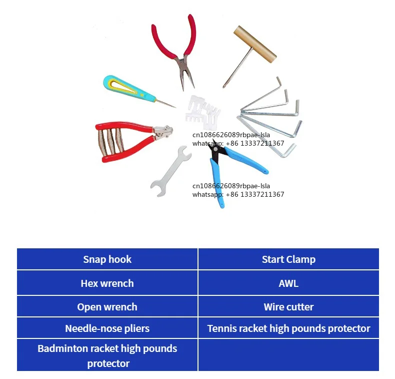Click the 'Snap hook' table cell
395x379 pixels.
107,259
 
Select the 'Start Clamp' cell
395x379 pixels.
288,259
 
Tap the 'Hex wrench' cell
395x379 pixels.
107,283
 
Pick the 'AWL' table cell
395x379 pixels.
288,283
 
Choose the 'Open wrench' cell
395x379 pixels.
107,306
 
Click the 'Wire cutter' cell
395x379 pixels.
288,306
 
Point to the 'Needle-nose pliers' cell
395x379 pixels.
107,328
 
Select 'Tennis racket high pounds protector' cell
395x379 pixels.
288,328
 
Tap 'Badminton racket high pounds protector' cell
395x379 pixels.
107,355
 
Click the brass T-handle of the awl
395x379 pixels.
255,44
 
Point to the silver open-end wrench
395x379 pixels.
170,172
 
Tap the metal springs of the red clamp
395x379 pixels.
110,142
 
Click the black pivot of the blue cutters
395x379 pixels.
215,150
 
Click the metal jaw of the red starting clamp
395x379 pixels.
163,132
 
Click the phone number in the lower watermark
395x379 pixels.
255,194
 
